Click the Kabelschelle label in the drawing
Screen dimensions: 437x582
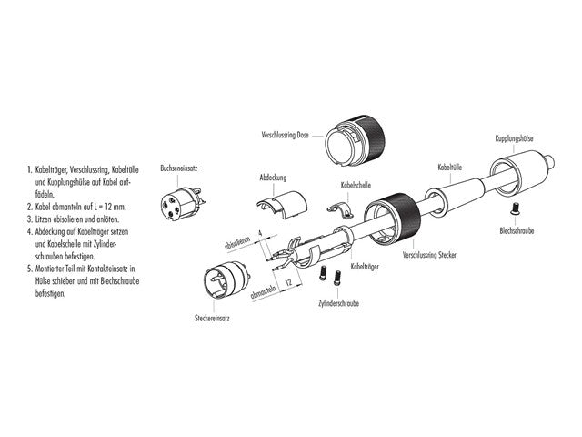pos(356,186)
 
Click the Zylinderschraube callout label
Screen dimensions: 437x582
pos(336,300)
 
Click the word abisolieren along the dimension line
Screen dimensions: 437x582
pos(238,244)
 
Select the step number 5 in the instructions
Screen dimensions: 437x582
pos(30,270)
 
